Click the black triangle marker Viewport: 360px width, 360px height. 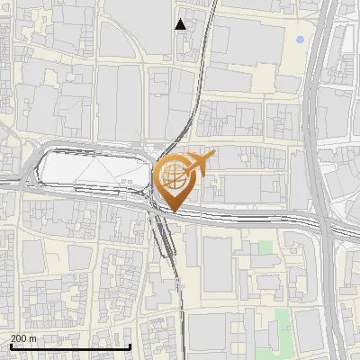pyautogui.click(x=181, y=24)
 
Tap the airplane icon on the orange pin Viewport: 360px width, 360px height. pyautogui.click(x=200, y=163)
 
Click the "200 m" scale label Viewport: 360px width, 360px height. pyautogui.click(x=23, y=337)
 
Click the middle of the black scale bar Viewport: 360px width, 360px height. pyautogui.click(x=70, y=346)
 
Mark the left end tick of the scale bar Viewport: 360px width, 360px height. pyautogui.click(x=10, y=346)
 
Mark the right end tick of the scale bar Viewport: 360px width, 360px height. pyautogui.click(x=131, y=346)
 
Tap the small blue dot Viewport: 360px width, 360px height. pyautogui.click(x=300, y=40)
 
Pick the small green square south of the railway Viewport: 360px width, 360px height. pyautogui.click(x=265, y=247)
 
